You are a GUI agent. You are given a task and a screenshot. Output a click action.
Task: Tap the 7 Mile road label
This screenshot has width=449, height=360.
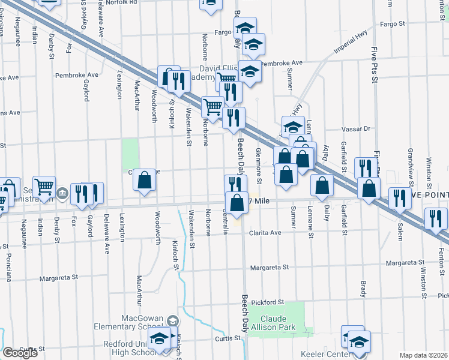pos(262,202)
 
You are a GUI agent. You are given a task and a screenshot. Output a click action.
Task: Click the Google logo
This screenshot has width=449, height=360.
pos(19,353)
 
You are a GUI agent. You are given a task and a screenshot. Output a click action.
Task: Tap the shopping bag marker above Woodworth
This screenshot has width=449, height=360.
pos(144,181)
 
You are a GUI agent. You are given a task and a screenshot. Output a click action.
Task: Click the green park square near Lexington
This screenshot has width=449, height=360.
pos(130,154)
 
